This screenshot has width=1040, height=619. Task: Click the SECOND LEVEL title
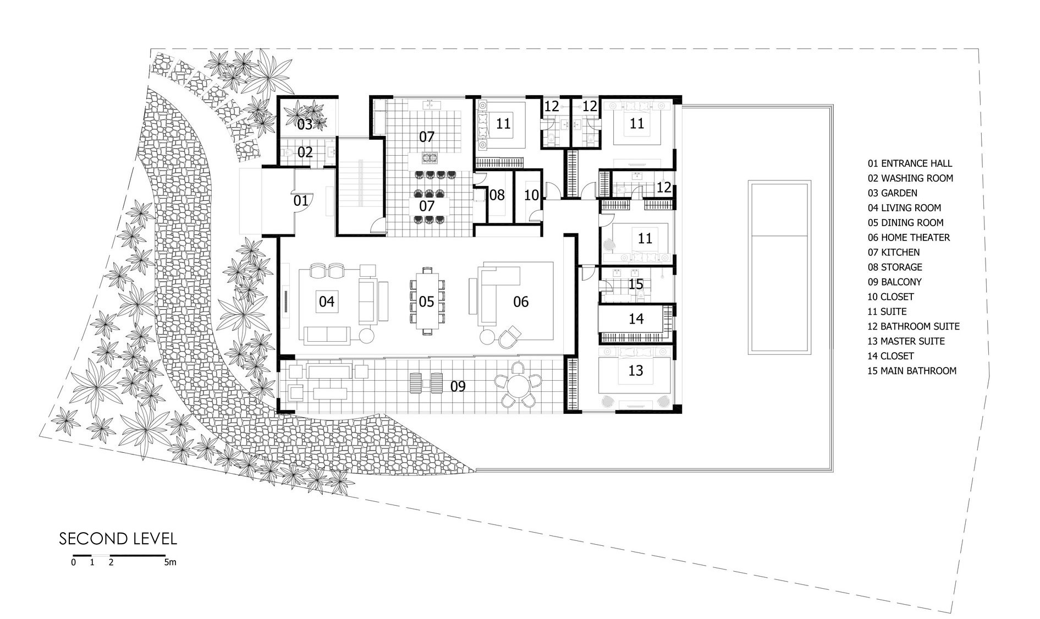(x=118, y=538)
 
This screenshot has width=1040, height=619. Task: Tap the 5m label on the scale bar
(x=170, y=563)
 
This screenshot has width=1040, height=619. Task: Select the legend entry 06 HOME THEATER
(x=909, y=238)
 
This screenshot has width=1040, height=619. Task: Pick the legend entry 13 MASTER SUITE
(x=906, y=341)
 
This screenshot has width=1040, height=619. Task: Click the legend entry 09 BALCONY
(x=894, y=282)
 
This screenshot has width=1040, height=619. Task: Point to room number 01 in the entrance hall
(x=300, y=201)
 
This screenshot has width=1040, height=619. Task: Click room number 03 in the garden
(x=305, y=124)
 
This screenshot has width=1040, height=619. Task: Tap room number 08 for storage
(x=497, y=195)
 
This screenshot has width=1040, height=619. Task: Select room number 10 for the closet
(x=531, y=195)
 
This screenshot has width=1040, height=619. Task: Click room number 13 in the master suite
(x=635, y=371)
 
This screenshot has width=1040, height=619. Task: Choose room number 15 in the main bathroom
(x=636, y=284)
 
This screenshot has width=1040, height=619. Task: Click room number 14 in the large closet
(x=636, y=319)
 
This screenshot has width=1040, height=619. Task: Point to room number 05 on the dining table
(x=426, y=302)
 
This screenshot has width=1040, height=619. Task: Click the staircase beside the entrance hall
(x=360, y=187)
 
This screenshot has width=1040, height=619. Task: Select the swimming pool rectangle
(x=779, y=267)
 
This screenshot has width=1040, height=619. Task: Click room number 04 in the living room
(x=326, y=302)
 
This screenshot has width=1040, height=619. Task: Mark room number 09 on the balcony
(x=458, y=386)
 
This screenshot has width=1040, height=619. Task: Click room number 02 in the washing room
(x=305, y=152)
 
